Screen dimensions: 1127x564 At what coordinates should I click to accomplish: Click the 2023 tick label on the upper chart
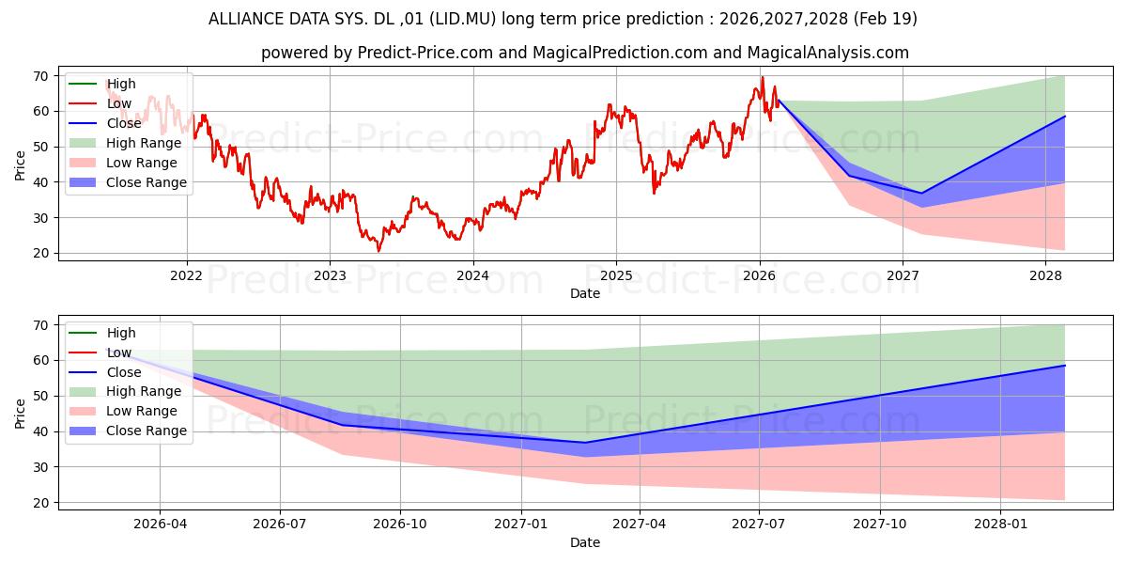pyautogui.click(x=330, y=276)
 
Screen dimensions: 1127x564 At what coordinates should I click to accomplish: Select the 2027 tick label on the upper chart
pyautogui.click(x=903, y=276)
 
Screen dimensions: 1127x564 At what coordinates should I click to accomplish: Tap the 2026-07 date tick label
pyautogui.click(x=280, y=525)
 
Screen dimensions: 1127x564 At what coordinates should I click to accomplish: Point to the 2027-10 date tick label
pyautogui.click(x=880, y=525)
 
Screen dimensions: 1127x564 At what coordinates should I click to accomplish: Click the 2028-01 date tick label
pyautogui.click(x=1001, y=525)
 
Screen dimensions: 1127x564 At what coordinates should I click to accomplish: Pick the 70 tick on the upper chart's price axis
pyautogui.click(x=40, y=76)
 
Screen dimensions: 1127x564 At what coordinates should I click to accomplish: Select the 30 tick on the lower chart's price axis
pyautogui.click(x=40, y=467)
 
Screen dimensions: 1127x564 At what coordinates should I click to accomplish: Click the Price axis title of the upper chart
pyautogui.click(x=20, y=165)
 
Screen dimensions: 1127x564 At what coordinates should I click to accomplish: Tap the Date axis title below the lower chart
pyautogui.click(x=584, y=542)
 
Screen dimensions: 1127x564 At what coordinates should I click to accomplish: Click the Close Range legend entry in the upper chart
pyautogui.click(x=128, y=182)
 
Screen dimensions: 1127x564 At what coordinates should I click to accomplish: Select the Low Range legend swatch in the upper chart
pyautogui.click(x=82, y=163)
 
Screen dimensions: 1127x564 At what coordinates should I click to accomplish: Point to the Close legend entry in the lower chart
pyautogui.click(x=104, y=372)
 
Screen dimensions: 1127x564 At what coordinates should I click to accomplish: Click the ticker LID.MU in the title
pyautogui.click(x=463, y=19)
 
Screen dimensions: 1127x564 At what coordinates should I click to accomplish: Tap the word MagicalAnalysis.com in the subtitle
pyautogui.click(x=827, y=53)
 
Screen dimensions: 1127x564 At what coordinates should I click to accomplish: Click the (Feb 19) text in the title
pyautogui.click(x=885, y=19)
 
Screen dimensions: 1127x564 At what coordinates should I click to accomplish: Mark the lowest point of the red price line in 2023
pyautogui.click(x=378, y=251)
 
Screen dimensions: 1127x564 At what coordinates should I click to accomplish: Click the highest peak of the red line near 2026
pyautogui.click(x=763, y=77)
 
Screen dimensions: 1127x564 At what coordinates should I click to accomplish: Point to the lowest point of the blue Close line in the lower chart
pyautogui.click(x=584, y=443)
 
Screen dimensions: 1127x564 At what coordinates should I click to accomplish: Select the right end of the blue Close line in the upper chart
pyautogui.click(x=1065, y=117)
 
